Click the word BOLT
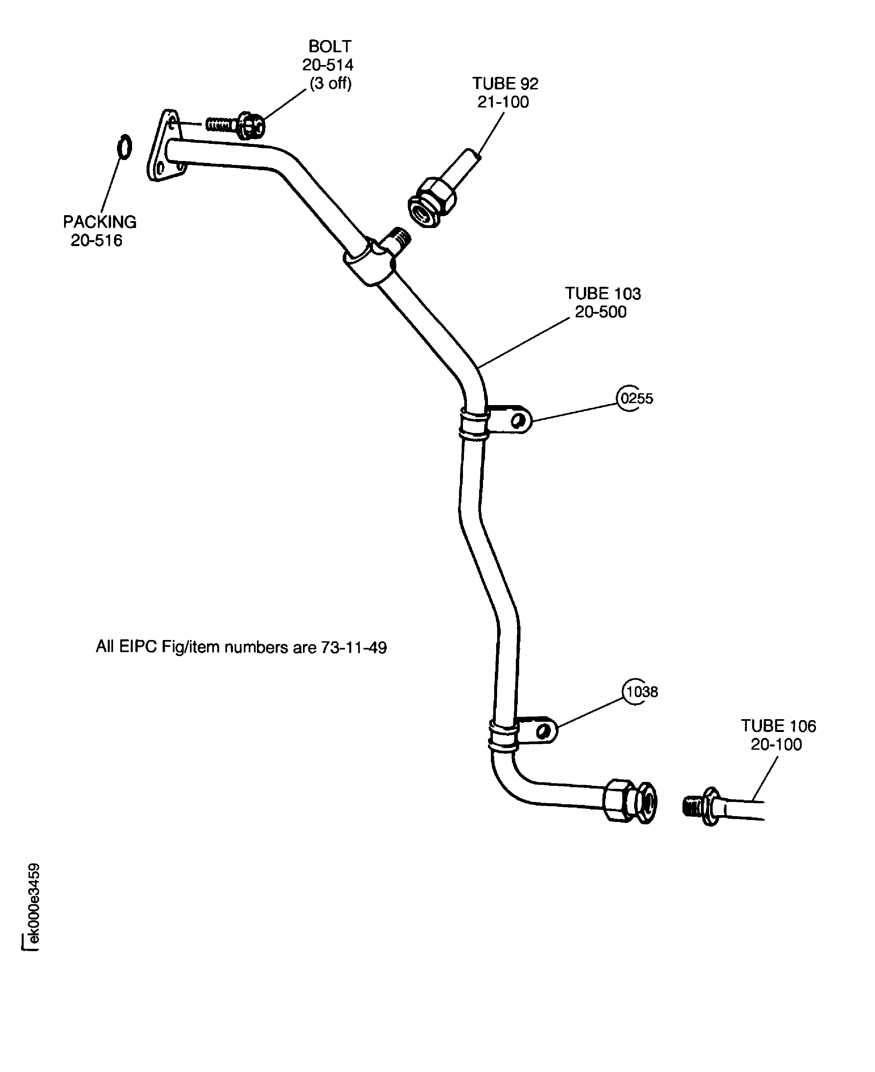pos(330,46)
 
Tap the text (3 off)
pos(330,83)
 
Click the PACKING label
pos(99,222)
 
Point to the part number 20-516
pos(96,240)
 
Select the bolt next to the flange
pos(235,124)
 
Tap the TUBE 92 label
pos(505,84)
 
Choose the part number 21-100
pos(503,102)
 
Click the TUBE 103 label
pos(603,293)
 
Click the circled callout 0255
pos(636,399)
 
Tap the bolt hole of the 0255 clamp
pos(516,420)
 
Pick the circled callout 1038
pos(641,692)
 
